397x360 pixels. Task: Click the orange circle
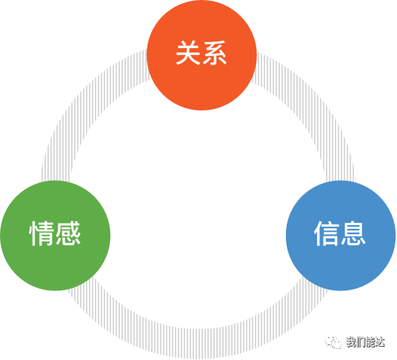tap(201, 56)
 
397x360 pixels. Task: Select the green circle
tap(56, 236)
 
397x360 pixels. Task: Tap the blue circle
tap(341, 236)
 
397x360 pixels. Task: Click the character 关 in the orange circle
tap(188, 53)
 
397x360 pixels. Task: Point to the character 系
tap(215, 53)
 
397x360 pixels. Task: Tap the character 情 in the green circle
tap(41, 233)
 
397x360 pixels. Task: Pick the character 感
tap(68, 233)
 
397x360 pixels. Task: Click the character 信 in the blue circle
tap(327, 233)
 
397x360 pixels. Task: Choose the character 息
tap(353, 233)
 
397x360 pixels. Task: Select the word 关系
tap(201, 53)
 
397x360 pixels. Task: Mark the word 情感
tap(55, 233)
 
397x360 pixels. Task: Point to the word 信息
tap(340, 233)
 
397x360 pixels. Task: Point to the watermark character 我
tap(351, 342)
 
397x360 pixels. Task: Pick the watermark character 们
tap(361, 342)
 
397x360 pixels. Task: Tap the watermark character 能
tap(370, 342)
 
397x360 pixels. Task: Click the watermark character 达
tap(380, 342)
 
